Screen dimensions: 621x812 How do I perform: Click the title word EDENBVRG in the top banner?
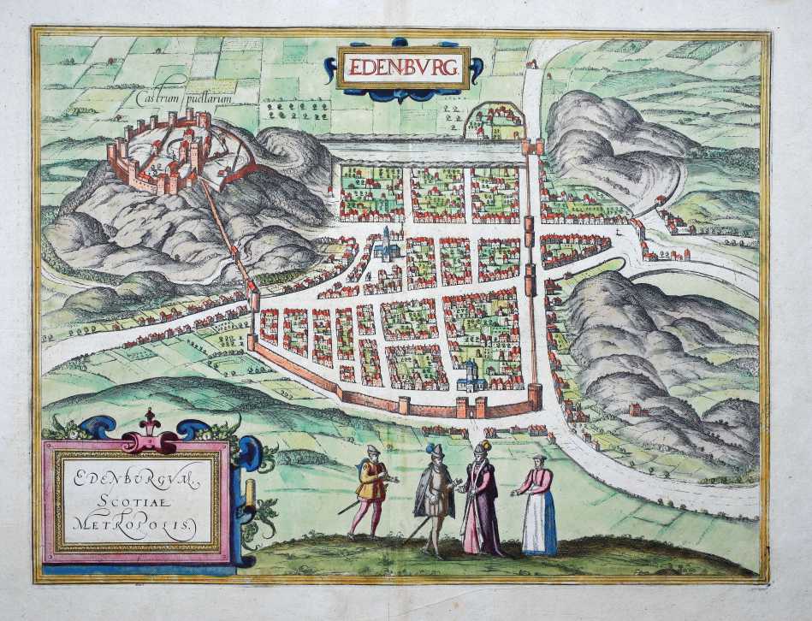(x=403, y=67)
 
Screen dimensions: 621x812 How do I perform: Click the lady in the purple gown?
(x=480, y=505)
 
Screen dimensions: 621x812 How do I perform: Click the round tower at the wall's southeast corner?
(x=535, y=395)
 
